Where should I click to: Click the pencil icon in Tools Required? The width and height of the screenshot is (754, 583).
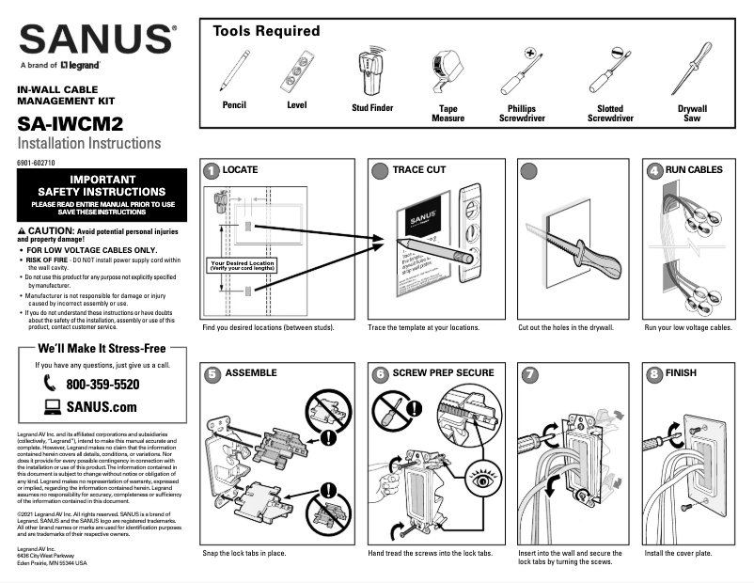tap(235, 70)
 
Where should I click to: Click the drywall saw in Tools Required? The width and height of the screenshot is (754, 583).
tap(692, 69)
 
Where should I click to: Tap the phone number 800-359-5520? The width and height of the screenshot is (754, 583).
tap(102, 385)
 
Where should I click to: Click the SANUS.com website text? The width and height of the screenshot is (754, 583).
tap(102, 407)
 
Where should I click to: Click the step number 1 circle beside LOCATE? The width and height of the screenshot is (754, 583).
tap(212, 170)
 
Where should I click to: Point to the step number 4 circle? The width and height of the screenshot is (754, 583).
tap(653, 170)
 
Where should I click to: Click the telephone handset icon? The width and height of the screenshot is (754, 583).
tap(50, 385)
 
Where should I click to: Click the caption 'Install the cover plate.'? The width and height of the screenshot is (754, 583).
tap(678, 554)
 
